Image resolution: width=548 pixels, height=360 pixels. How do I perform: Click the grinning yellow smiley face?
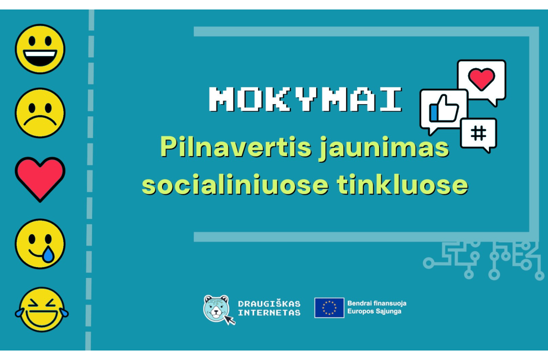coord(40,49)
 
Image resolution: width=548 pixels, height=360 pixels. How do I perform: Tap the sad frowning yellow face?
coord(40,113)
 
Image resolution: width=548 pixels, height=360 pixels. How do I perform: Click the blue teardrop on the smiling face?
coord(48,254)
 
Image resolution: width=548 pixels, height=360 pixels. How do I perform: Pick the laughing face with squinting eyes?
coord(42,309)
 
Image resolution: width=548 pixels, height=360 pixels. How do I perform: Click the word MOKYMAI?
coord(306,99)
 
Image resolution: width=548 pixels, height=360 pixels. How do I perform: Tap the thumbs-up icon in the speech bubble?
coord(444,109)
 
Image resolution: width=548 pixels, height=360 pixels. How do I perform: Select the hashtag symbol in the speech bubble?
coord(478,133)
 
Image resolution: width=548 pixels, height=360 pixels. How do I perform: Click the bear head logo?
coord(216,308)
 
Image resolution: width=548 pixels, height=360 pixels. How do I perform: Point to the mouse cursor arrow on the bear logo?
coord(229,320)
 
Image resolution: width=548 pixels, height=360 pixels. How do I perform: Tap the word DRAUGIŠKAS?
coord(269,304)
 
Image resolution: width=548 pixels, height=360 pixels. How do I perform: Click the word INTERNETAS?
coord(269,313)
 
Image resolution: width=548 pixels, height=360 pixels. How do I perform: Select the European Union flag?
coord(329,308)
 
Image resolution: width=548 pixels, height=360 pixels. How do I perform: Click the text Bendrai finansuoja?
coord(377,303)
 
